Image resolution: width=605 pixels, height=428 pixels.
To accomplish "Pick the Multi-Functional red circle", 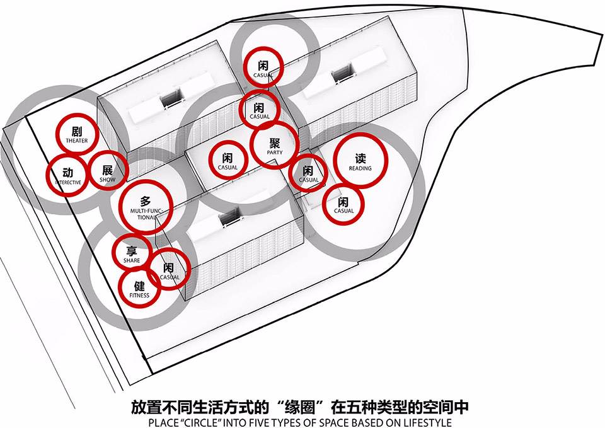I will [146, 207].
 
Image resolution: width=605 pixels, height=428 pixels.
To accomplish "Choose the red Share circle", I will [132, 252].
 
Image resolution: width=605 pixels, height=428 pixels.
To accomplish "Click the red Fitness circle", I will [139, 287].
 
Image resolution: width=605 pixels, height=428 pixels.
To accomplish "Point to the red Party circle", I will [274, 145].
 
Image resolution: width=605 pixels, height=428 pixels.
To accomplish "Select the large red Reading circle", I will [361, 162].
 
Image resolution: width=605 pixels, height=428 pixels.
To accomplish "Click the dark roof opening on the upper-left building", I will [171, 98].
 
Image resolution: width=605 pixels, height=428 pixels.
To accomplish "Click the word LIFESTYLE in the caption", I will [429, 422].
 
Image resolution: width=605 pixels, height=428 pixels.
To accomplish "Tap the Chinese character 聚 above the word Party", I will [274, 141].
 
